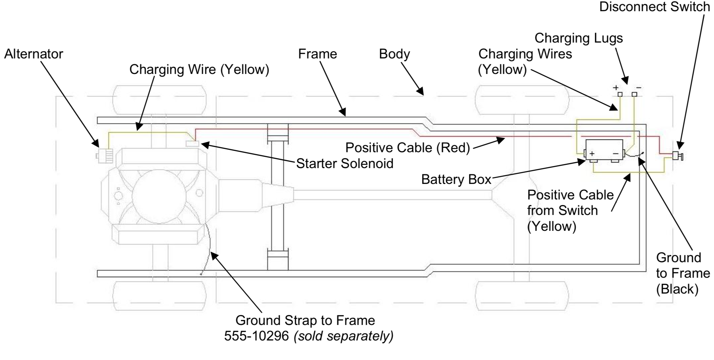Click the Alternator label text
[x=33, y=54]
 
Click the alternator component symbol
[x=105, y=156]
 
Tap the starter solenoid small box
[x=192, y=144]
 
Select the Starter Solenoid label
[x=344, y=163]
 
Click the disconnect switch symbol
[x=678, y=156]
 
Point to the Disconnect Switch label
[x=654, y=7]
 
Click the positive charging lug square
[x=620, y=94]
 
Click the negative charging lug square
[x=634, y=94]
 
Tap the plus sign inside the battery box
[x=592, y=154]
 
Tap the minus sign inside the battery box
[x=615, y=154]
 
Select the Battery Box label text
[x=456, y=179]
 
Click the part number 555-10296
[x=257, y=336]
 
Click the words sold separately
[x=343, y=336]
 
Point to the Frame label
[x=317, y=54]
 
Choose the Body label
[x=394, y=54]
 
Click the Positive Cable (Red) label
[x=407, y=148]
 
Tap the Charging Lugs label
[x=579, y=38]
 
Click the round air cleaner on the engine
[x=159, y=197]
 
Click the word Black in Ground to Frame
[x=677, y=289]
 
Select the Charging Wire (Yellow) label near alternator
[x=199, y=69]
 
